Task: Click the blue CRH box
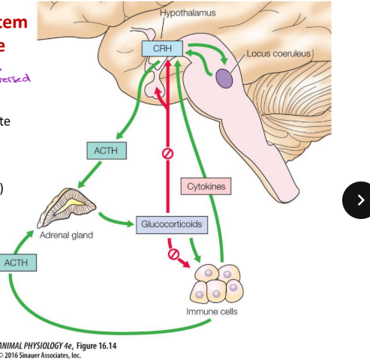[161, 49]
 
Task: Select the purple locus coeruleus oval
[224, 76]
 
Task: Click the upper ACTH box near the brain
[106, 151]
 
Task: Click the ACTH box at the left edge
[15, 263]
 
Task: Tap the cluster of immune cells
[219, 283]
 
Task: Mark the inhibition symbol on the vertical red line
[167, 154]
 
